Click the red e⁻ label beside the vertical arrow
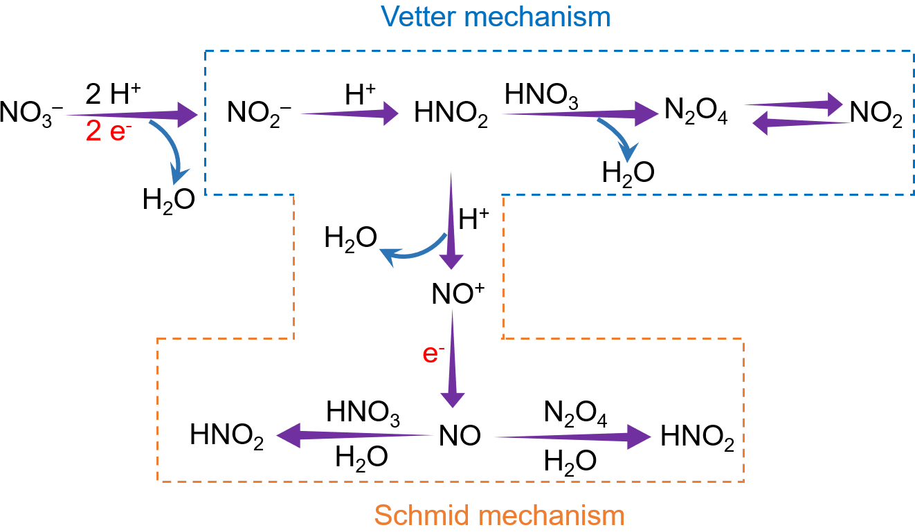433,354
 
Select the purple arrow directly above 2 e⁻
132,115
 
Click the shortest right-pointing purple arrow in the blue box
349,113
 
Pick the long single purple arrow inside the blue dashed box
579,113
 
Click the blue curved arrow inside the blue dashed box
619,139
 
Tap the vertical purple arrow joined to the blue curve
451,221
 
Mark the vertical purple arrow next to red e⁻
453,360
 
